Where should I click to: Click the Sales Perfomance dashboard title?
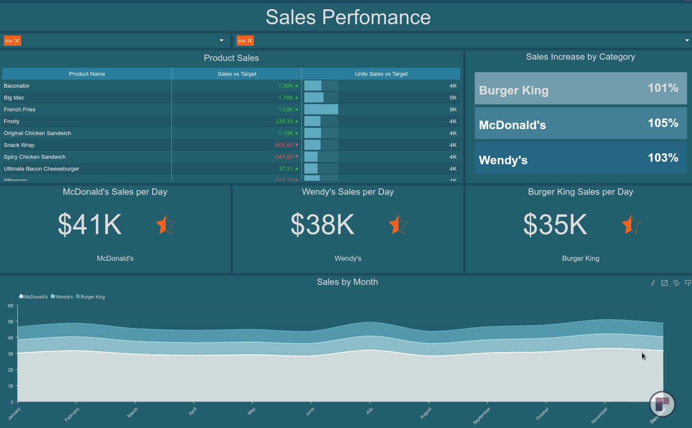pos(348,17)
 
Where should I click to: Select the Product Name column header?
pos(87,74)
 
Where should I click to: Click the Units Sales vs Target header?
pos(381,74)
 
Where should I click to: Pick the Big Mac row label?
pos(14,98)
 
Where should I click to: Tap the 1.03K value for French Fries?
pos(286,110)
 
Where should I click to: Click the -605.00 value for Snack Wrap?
pos(284,145)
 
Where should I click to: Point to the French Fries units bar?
pos(321,110)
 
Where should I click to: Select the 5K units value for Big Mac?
pos(453,98)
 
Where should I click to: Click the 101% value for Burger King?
pos(663,88)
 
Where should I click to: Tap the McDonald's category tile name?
pos(512,125)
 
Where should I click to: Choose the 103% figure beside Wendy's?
pos(663,158)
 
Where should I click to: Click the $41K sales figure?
pos(90,224)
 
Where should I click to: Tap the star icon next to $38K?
pos(398,225)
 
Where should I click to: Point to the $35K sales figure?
pos(555,224)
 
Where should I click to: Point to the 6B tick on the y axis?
pos(11,306)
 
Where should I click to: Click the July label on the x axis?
pos(369,411)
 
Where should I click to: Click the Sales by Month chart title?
pos(347,282)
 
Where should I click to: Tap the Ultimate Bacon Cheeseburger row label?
pos(41,169)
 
